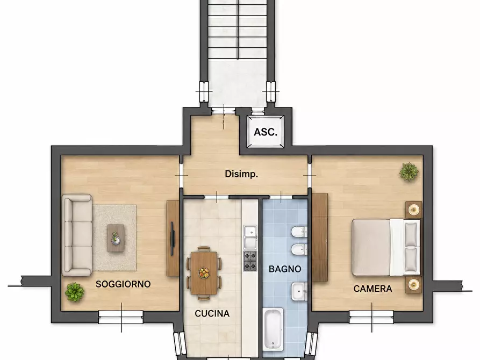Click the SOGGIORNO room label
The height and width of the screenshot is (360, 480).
click(x=123, y=284)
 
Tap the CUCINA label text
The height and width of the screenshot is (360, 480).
click(x=212, y=313)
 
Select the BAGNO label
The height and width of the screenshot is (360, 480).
click(x=285, y=269)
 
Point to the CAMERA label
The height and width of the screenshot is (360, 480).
click(x=373, y=289)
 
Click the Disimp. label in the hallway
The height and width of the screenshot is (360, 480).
click(x=241, y=174)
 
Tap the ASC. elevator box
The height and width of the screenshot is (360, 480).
click(x=266, y=132)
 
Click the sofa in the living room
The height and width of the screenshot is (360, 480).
click(x=77, y=235)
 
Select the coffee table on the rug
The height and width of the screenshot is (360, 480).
click(x=116, y=238)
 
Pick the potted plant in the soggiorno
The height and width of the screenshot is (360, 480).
click(x=74, y=292)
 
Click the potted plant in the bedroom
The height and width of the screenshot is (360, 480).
click(x=409, y=172)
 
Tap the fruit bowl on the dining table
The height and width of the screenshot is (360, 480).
click(x=204, y=272)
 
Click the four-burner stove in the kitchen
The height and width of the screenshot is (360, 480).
click(x=250, y=261)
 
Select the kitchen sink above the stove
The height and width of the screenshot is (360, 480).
click(x=250, y=237)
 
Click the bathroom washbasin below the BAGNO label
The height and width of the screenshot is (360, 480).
click(x=299, y=291)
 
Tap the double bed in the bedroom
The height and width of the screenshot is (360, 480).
click(x=386, y=247)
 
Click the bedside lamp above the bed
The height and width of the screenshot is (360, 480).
click(x=414, y=210)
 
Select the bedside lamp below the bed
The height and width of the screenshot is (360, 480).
click(x=414, y=284)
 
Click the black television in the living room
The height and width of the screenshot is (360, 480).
click(x=173, y=239)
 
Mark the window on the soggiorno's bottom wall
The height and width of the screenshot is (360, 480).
click(x=121, y=317)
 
